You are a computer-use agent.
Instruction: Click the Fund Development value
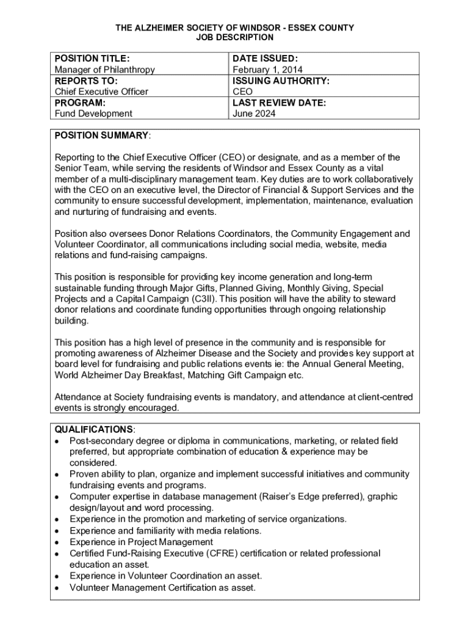[x=93, y=114]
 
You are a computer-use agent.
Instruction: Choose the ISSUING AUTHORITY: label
[x=281, y=81]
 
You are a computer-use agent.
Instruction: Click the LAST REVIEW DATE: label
[x=280, y=103]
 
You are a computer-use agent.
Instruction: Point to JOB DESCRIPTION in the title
[x=235, y=38]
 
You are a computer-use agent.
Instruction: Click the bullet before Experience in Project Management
[x=57, y=542]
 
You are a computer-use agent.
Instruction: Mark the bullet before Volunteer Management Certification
[x=57, y=588]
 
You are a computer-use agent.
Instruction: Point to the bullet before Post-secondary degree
[x=57, y=441]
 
